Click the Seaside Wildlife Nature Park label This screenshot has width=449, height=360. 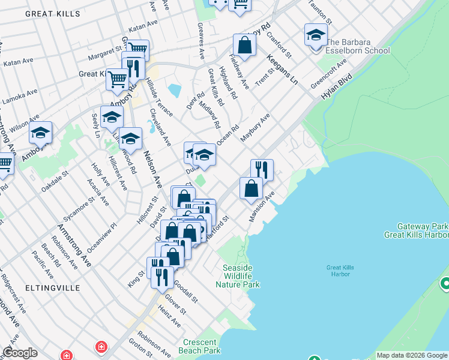(241, 276)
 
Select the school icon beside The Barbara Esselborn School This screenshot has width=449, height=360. (315, 35)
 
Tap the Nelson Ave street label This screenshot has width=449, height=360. (153, 169)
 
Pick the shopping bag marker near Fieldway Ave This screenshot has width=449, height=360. (244, 44)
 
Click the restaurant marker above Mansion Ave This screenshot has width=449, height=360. (261, 169)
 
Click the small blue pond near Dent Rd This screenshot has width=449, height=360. (175, 91)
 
